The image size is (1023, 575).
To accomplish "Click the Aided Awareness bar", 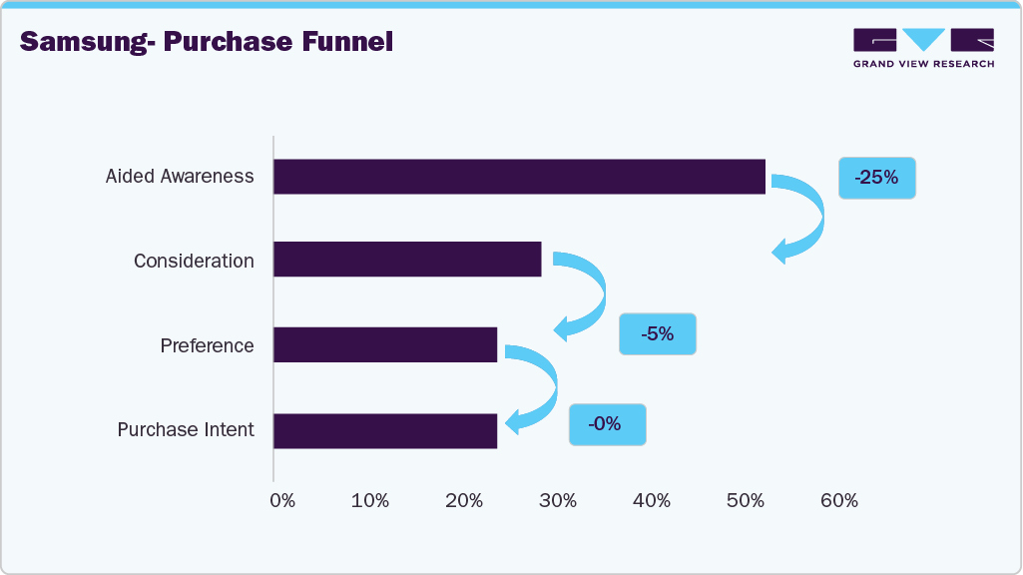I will coord(519,177).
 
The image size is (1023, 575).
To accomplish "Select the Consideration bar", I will coord(407,260).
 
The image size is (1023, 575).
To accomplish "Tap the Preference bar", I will coord(385,345).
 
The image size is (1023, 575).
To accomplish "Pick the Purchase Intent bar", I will coord(385,431).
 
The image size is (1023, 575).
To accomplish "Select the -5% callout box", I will coord(657,334).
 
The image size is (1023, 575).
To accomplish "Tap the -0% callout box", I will coord(607,424).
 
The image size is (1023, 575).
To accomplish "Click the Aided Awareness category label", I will coord(180,177).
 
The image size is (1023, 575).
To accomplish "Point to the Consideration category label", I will coord(194,261).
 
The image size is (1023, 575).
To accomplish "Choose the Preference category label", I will coord(207,345).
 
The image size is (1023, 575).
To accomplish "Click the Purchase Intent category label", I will coord(186,430).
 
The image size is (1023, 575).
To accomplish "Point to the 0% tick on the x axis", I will coord(282,501).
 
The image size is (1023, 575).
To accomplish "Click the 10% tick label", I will coord(370,501).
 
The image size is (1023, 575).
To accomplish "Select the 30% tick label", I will coord(558,501).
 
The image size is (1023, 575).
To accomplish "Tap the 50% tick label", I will coord(745,501).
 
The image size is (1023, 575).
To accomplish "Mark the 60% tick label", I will coord(838,501).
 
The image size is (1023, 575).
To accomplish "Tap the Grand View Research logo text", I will coord(923,64).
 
